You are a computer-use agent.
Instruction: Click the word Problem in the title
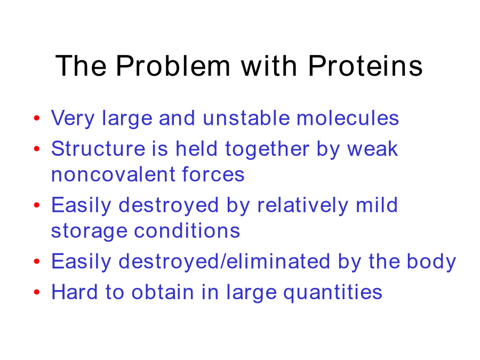pyautogui.click(x=173, y=66)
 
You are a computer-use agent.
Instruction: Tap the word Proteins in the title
pyautogui.click(x=365, y=66)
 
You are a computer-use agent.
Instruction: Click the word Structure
pyautogui.click(x=98, y=149)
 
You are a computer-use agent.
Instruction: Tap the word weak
pyautogui.click(x=372, y=149)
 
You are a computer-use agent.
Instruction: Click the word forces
pyautogui.click(x=213, y=174)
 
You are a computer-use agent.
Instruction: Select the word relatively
pyautogui.click(x=302, y=206)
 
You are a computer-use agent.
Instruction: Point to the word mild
pyautogui.click(x=377, y=205)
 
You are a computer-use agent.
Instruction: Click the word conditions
pyautogui.click(x=187, y=230)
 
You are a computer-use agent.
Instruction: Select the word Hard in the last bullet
pyautogui.click(x=74, y=292)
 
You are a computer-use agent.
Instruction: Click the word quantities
pyautogui.click(x=333, y=293)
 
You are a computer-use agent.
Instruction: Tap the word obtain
pyautogui.click(x=163, y=292)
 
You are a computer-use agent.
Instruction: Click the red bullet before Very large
pyautogui.click(x=37, y=118)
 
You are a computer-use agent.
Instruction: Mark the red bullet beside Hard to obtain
pyautogui.click(x=37, y=292)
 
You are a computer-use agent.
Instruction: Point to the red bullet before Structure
pyautogui.click(x=37, y=149)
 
